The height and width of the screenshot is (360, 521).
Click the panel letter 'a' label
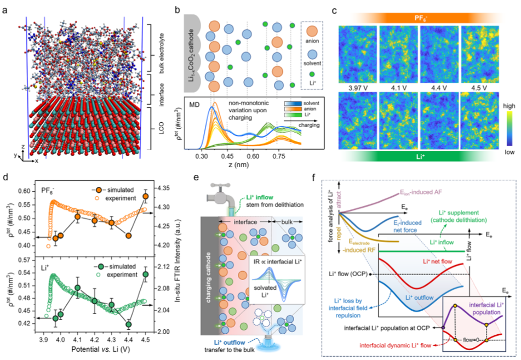click(6, 9)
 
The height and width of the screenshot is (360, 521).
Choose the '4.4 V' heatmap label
click(439, 87)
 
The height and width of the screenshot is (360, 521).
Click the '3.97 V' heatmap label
click(357, 87)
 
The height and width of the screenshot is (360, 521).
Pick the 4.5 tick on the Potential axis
click(146, 340)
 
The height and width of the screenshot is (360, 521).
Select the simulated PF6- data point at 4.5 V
click(146, 196)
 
